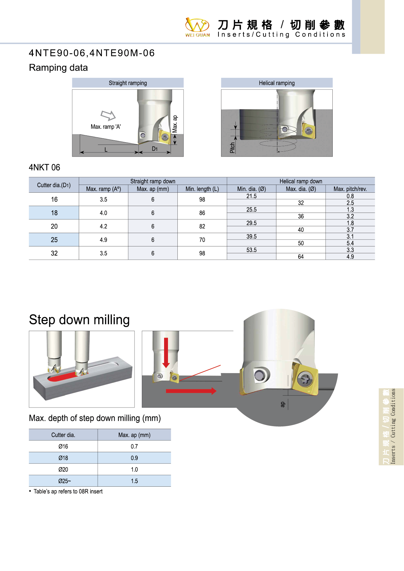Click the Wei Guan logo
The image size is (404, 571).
[197, 27]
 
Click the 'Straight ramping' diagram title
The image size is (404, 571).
[128, 83]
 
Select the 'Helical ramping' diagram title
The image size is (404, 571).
[277, 83]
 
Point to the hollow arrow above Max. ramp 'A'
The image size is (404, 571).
[108, 115]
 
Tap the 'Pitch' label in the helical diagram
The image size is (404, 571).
[232, 147]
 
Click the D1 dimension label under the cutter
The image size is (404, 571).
[155, 149]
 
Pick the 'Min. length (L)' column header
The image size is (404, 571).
[202, 189]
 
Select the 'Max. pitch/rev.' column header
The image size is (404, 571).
[350, 189]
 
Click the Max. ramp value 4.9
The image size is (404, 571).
[104, 240]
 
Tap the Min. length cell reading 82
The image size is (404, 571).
[202, 226]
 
